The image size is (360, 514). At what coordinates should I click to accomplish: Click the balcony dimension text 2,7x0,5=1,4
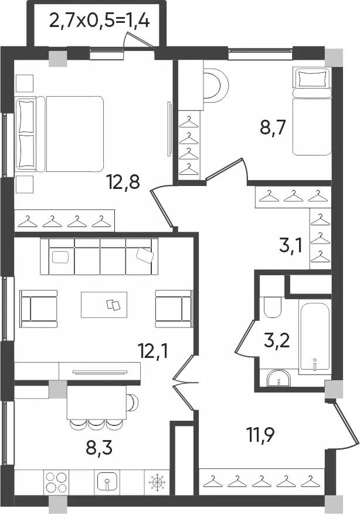pos(100,22)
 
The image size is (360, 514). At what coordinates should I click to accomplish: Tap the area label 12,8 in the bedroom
pos(123,182)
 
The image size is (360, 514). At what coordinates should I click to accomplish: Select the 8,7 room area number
pos(273,127)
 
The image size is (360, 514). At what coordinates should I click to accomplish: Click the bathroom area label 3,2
pos(277,340)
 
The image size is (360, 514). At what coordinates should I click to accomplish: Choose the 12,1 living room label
pos(152,351)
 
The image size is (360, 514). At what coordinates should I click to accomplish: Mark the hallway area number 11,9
pos(260,435)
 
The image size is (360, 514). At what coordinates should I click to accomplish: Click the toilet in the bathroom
pos(273,307)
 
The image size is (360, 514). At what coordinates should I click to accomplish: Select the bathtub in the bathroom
pos(315,337)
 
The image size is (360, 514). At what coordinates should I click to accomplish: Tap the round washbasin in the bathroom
pos(279,378)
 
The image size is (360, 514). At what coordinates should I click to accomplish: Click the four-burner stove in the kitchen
pos(56,481)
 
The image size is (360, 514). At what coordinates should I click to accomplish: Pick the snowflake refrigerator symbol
pos(157,482)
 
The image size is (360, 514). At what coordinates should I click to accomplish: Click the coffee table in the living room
pos(104,305)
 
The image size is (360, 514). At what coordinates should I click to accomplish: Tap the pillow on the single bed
pos(311,78)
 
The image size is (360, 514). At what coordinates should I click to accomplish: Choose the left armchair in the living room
pos(38,309)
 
